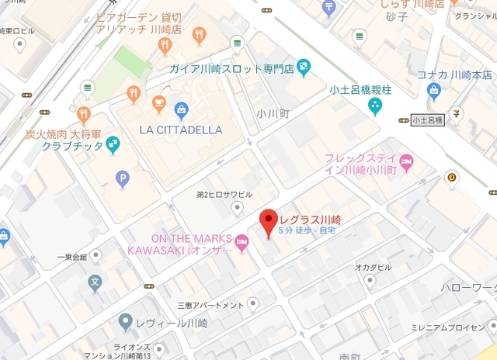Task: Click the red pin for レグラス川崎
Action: coord(266,222)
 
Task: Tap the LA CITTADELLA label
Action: coord(180,130)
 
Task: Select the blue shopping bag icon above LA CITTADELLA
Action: coord(181,109)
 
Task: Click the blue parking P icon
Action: coord(122,180)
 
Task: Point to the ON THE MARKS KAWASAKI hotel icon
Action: coord(242,245)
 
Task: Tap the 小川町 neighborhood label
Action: coord(273,112)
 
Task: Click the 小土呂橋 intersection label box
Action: coord(427,120)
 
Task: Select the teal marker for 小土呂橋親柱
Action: coord(376,105)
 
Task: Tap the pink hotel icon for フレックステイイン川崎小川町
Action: coord(408,162)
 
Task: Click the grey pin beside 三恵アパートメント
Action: coord(253,303)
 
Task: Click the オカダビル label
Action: coord(374,267)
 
